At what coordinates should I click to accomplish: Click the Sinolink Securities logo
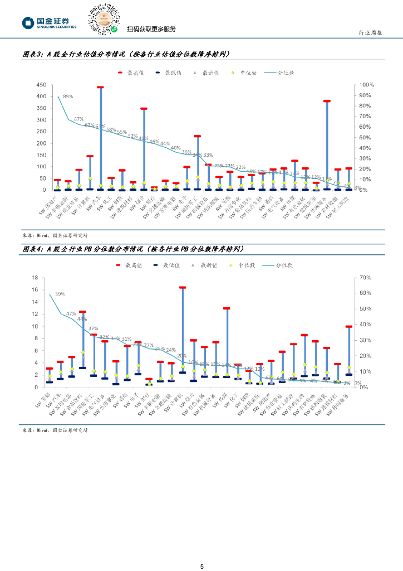(50, 22)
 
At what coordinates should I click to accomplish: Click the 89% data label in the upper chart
(68, 96)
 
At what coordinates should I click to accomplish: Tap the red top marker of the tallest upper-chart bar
(100, 88)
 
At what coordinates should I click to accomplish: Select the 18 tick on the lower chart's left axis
(34, 278)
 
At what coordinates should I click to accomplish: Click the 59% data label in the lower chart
(60, 294)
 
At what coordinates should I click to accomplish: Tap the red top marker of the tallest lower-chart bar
(182, 288)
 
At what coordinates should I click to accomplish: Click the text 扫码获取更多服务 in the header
(151, 29)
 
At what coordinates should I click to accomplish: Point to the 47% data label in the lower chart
(71, 314)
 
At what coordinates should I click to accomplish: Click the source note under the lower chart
(55, 430)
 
